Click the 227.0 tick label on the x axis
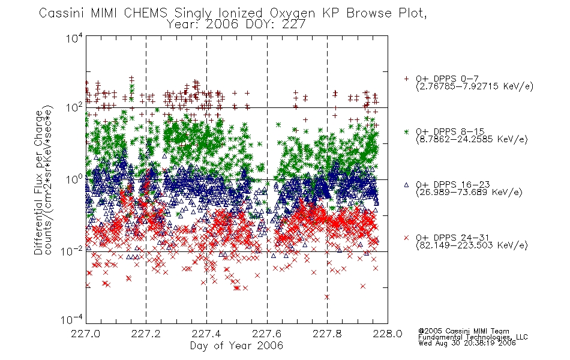[x=85, y=334]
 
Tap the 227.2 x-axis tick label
[x=146, y=334]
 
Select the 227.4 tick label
[x=206, y=334]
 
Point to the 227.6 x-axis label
[x=267, y=334]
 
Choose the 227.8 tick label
[x=327, y=334]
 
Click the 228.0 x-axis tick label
[x=388, y=334]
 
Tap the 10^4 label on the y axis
[x=74, y=38]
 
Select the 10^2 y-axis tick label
[x=74, y=107]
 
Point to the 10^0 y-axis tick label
[x=74, y=179]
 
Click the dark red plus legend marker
[x=406, y=79]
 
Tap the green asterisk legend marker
[x=406, y=131]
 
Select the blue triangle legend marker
[x=406, y=185]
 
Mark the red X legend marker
[x=406, y=238]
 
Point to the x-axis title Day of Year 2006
[x=236, y=346]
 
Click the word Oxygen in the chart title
[x=293, y=13]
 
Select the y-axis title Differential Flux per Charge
[x=38, y=182]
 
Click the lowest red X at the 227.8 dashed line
[x=327, y=297]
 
